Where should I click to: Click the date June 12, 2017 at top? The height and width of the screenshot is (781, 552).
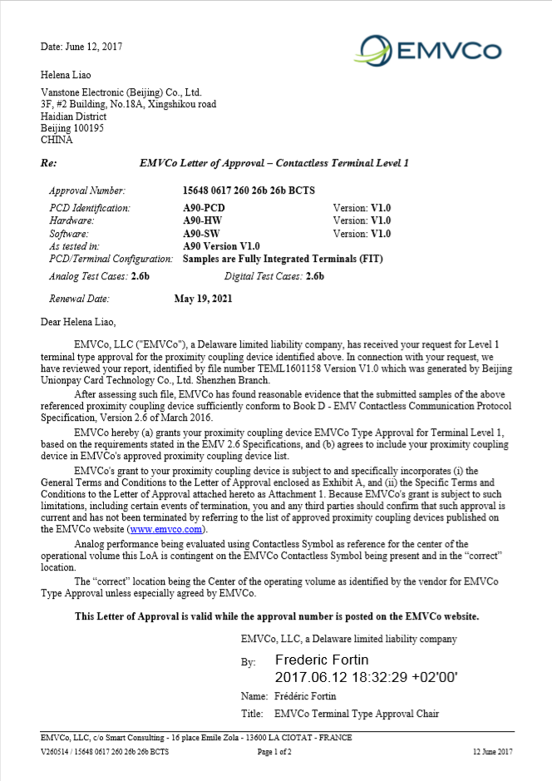point(81,47)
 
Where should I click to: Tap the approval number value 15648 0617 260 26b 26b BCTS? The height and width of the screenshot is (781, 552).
point(249,190)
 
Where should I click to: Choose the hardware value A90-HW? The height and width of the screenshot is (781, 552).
point(201,220)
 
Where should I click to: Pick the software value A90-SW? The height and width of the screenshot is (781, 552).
point(201,234)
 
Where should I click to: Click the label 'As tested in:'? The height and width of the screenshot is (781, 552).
point(75,246)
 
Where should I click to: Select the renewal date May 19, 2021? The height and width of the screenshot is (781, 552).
point(203,298)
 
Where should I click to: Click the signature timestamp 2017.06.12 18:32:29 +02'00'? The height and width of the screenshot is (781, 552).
point(367,677)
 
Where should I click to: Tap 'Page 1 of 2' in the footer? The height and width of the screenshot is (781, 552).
point(274,752)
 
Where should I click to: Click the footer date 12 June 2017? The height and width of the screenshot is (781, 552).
point(493,752)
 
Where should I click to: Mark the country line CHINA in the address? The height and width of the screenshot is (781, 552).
point(57,141)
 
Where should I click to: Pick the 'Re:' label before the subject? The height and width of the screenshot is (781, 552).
point(48,163)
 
